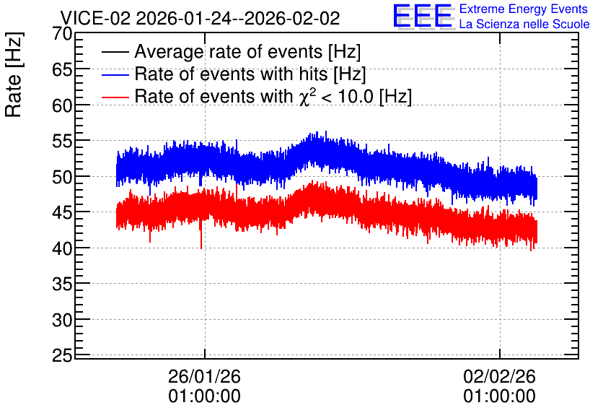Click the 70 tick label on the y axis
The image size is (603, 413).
tap(62, 34)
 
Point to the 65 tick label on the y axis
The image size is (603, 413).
tap(62, 69)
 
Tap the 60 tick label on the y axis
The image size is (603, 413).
tap(62, 105)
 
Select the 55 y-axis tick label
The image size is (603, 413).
tap(62, 142)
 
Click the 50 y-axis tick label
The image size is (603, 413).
tap(62, 177)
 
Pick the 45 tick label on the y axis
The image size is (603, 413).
tap(62, 212)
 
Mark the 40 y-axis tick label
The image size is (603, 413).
tap(62, 248)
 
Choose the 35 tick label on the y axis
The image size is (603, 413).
tap(62, 284)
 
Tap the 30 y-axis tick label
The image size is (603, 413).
tap(62, 320)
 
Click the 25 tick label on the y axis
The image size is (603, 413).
tap(62, 356)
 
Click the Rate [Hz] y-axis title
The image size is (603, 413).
tap(14, 74)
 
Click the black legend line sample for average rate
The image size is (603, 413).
tap(115, 52)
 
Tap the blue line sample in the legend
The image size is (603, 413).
tap(115, 74)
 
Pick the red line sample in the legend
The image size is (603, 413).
tap(115, 97)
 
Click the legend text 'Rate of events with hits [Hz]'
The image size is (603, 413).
tap(250, 74)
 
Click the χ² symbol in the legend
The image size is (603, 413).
tap(304, 97)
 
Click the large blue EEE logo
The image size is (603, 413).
tap(423, 16)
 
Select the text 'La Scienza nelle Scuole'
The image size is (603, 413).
tap(524, 25)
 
